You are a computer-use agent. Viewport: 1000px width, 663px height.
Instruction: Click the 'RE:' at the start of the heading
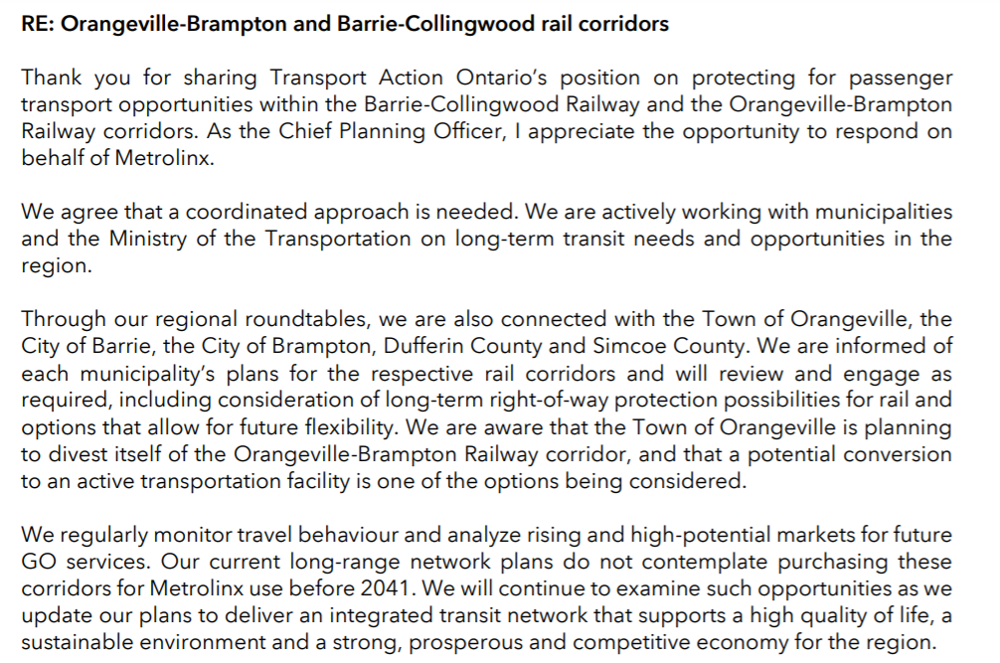click(38, 24)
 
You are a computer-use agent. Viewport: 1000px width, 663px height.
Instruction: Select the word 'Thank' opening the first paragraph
click(49, 78)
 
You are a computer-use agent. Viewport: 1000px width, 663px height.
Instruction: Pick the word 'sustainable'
click(75, 641)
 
